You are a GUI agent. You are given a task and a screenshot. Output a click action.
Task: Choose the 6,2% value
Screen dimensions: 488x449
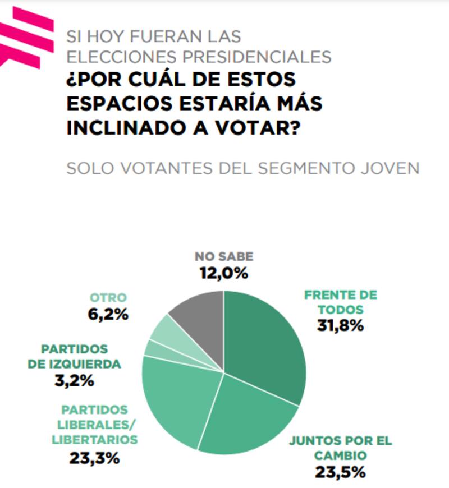[109, 314]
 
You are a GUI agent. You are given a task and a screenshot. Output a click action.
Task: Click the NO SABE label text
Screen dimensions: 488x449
[224, 256]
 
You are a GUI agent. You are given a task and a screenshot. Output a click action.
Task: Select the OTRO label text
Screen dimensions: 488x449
[108, 298]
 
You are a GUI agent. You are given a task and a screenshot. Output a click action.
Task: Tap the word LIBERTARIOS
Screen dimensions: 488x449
[94, 440]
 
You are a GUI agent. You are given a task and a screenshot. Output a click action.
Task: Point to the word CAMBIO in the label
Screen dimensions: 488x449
[340, 455]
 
